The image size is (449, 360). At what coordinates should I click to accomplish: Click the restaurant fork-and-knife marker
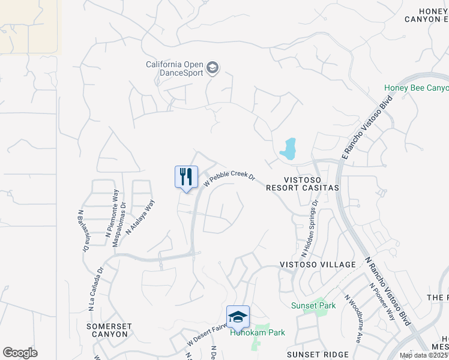pyautogui.click(x=186, y=177)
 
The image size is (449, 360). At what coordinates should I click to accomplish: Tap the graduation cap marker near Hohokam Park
pyautogui.click(x=238, y=317)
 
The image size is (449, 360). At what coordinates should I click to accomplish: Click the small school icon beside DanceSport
pyautogui.click(x=212, y=68)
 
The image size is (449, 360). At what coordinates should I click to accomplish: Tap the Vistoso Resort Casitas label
pyautogui.click(x=311, y=184)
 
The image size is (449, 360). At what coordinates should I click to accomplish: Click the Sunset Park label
pyautogui.click(x=313, y=305)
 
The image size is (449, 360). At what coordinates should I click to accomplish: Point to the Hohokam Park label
pyautogui.click(x=258, y=332)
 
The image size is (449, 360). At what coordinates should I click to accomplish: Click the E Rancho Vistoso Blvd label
pyautogui.click(x=366, y=127)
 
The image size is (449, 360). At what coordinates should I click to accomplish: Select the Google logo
pyautogui.click(x=20, y=352)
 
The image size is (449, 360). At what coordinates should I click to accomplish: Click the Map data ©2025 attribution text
pyautogui.click(x=424, y=355)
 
